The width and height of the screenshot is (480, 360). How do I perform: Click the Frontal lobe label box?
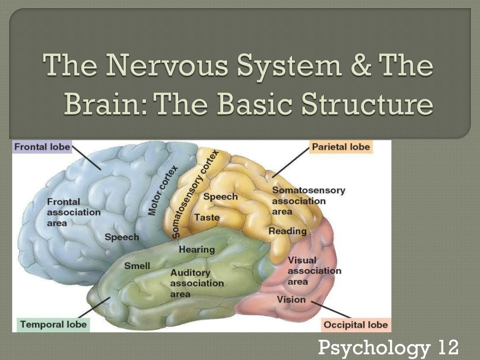[x=42, y=147]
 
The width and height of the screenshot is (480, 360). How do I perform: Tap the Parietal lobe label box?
[x=341, y=147]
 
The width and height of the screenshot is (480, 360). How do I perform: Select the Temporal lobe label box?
[x=53, y=324]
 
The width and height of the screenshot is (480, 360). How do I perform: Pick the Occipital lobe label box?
[x=356, y=325]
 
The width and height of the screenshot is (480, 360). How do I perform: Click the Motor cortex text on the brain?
[x=163, y=190]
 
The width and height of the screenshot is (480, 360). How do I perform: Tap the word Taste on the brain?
[x=207, y=217]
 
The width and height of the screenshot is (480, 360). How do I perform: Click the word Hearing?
[x=196, y=249]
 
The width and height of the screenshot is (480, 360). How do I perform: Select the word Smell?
[x=137, y=266]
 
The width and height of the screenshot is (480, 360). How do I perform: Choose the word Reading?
[x=287, y=231]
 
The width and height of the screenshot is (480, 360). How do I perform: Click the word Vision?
[x=291, y=299]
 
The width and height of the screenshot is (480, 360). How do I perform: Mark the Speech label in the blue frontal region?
[x=122, y=237]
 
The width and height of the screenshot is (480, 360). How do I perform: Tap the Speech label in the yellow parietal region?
[x=220, y=197]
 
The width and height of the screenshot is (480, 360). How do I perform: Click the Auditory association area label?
[x=197, y=283]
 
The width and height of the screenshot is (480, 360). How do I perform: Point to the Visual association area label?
[x=313, y=270]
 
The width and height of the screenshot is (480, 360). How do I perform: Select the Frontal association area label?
[x=73, y=212]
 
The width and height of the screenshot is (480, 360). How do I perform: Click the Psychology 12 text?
[x=388, y=348]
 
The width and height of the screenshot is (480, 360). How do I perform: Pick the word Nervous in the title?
[x=168, y=66]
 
